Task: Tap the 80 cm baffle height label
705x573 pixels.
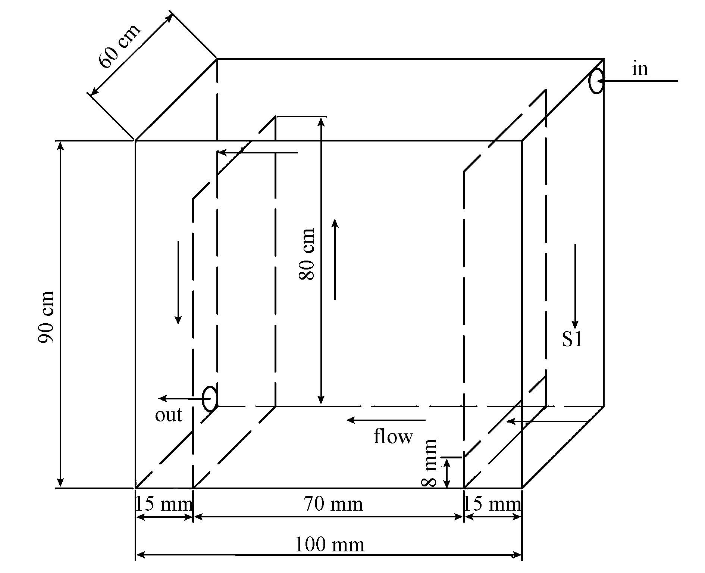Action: coord(307,254)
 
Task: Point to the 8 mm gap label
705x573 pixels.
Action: coord(429,463)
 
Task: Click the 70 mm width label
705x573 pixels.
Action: coord(333,504)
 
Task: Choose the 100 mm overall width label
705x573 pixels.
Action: coord(330,544)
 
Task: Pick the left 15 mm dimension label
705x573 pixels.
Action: coord(163,504)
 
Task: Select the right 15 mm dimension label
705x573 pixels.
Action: coord(492,504)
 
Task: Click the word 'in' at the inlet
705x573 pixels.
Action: coord(640,69)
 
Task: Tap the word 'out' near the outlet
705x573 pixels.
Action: coord(169,415)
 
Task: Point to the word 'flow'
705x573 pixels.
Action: coord(393,436)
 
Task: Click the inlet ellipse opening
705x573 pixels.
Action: coord(596,81)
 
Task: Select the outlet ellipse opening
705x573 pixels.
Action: coord(210,398)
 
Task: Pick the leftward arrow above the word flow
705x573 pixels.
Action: coord(386,420)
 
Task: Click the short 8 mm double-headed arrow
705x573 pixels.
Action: coord(446,473)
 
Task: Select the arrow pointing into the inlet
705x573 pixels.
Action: coord(638,81)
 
